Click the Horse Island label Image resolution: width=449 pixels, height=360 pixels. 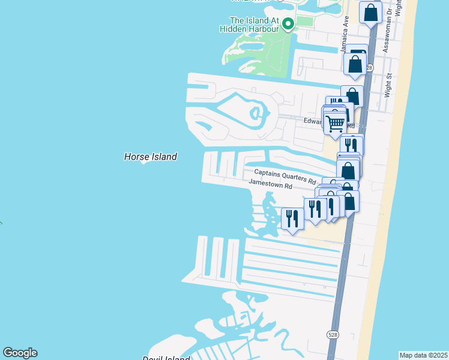tap(150, 157)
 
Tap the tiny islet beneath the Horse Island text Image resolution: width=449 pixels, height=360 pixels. tap(143, 162)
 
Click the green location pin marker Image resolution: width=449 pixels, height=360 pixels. tap(288, 25)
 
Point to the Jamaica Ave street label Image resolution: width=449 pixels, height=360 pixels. tap(345, 38)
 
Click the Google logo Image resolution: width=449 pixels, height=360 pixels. tap(20, 353)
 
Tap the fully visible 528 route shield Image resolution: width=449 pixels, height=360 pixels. tap(332, 334)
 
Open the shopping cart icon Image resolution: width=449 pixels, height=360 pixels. tap(336, 123)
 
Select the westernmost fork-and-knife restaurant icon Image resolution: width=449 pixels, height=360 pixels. tap(292, 217)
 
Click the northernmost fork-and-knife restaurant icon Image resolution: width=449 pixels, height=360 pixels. tap(351, 145)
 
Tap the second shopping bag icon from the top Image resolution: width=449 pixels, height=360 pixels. tap(355, 63)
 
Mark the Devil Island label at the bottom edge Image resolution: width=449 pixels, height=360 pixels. tap(166, 358)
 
